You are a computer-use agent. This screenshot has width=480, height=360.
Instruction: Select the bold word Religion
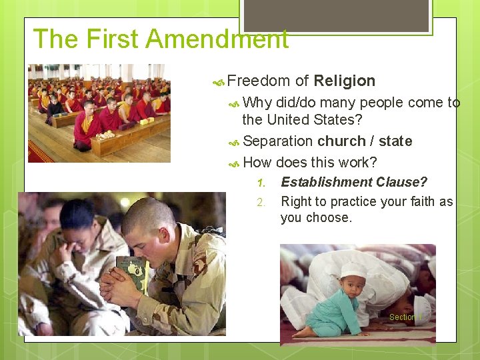(344, 81)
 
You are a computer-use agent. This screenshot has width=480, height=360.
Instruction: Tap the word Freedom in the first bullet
(258, 81)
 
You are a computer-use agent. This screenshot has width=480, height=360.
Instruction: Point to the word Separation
(278, 141)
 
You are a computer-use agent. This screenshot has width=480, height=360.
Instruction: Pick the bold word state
(395, 141)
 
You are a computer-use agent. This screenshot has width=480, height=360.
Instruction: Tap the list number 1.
(261, 183)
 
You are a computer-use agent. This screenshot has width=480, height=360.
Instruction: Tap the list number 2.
(261, 202)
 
